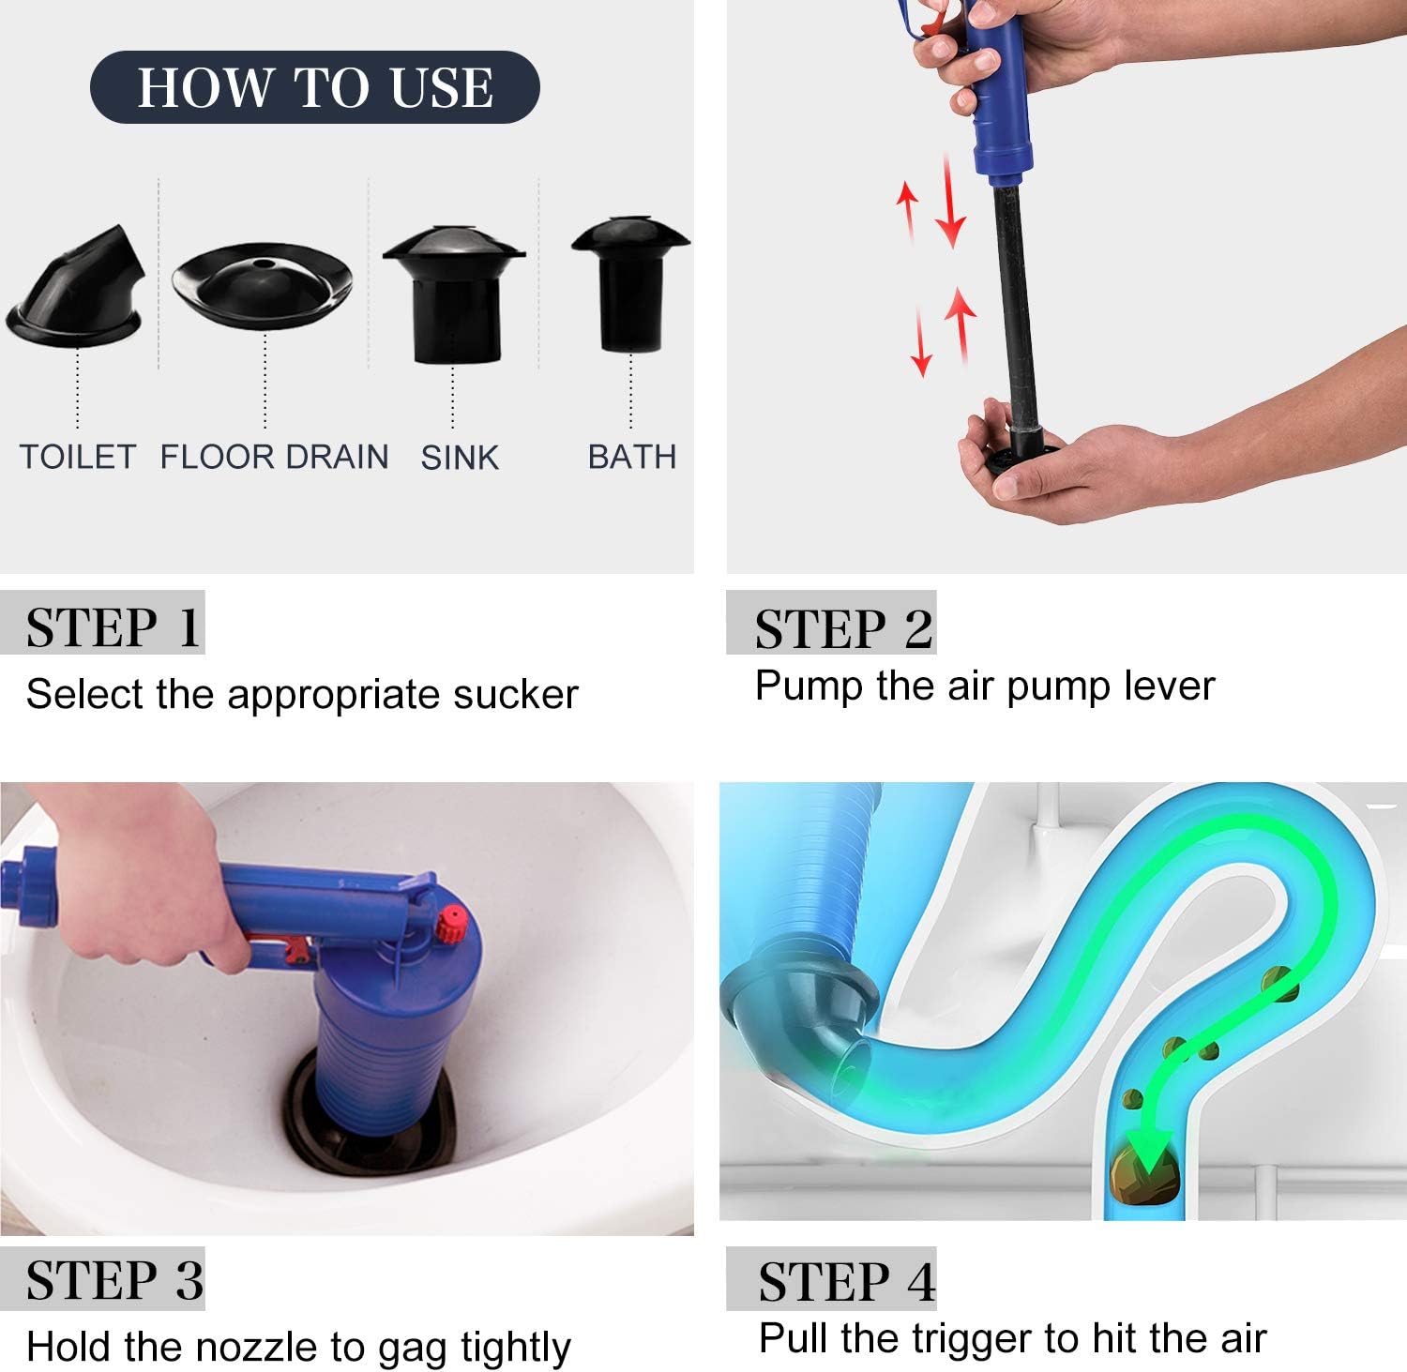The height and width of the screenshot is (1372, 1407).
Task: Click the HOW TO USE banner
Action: coord(315,87)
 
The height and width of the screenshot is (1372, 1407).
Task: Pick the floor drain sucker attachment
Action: coord(263,284)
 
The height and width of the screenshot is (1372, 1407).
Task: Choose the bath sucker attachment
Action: coord(630,284)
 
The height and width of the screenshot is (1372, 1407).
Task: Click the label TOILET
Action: coord(78,457)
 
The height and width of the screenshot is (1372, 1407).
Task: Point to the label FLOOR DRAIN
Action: coord(274,457)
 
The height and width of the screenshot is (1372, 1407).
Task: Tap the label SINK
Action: coord(460,457)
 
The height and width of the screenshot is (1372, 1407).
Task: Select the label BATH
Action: coord(632,457)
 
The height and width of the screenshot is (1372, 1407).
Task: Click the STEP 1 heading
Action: coord(113,627)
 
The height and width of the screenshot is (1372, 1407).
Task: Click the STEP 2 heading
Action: coord(844,627)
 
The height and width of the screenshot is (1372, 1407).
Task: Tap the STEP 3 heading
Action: coord(114,1280)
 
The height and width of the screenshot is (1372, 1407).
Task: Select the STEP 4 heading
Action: coord(847,1282)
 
